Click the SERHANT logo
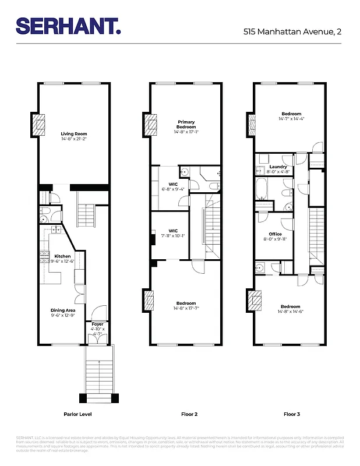69,26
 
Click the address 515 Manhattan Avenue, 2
292,32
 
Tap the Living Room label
74,134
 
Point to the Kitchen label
62,256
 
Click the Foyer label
97,324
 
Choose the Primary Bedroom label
186,125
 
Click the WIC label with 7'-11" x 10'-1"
172,231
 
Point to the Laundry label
278,167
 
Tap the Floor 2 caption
189,414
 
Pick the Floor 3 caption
292,414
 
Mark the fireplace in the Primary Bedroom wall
151,124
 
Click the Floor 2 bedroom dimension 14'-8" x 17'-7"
186,308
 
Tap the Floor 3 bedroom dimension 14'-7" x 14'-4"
292,119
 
